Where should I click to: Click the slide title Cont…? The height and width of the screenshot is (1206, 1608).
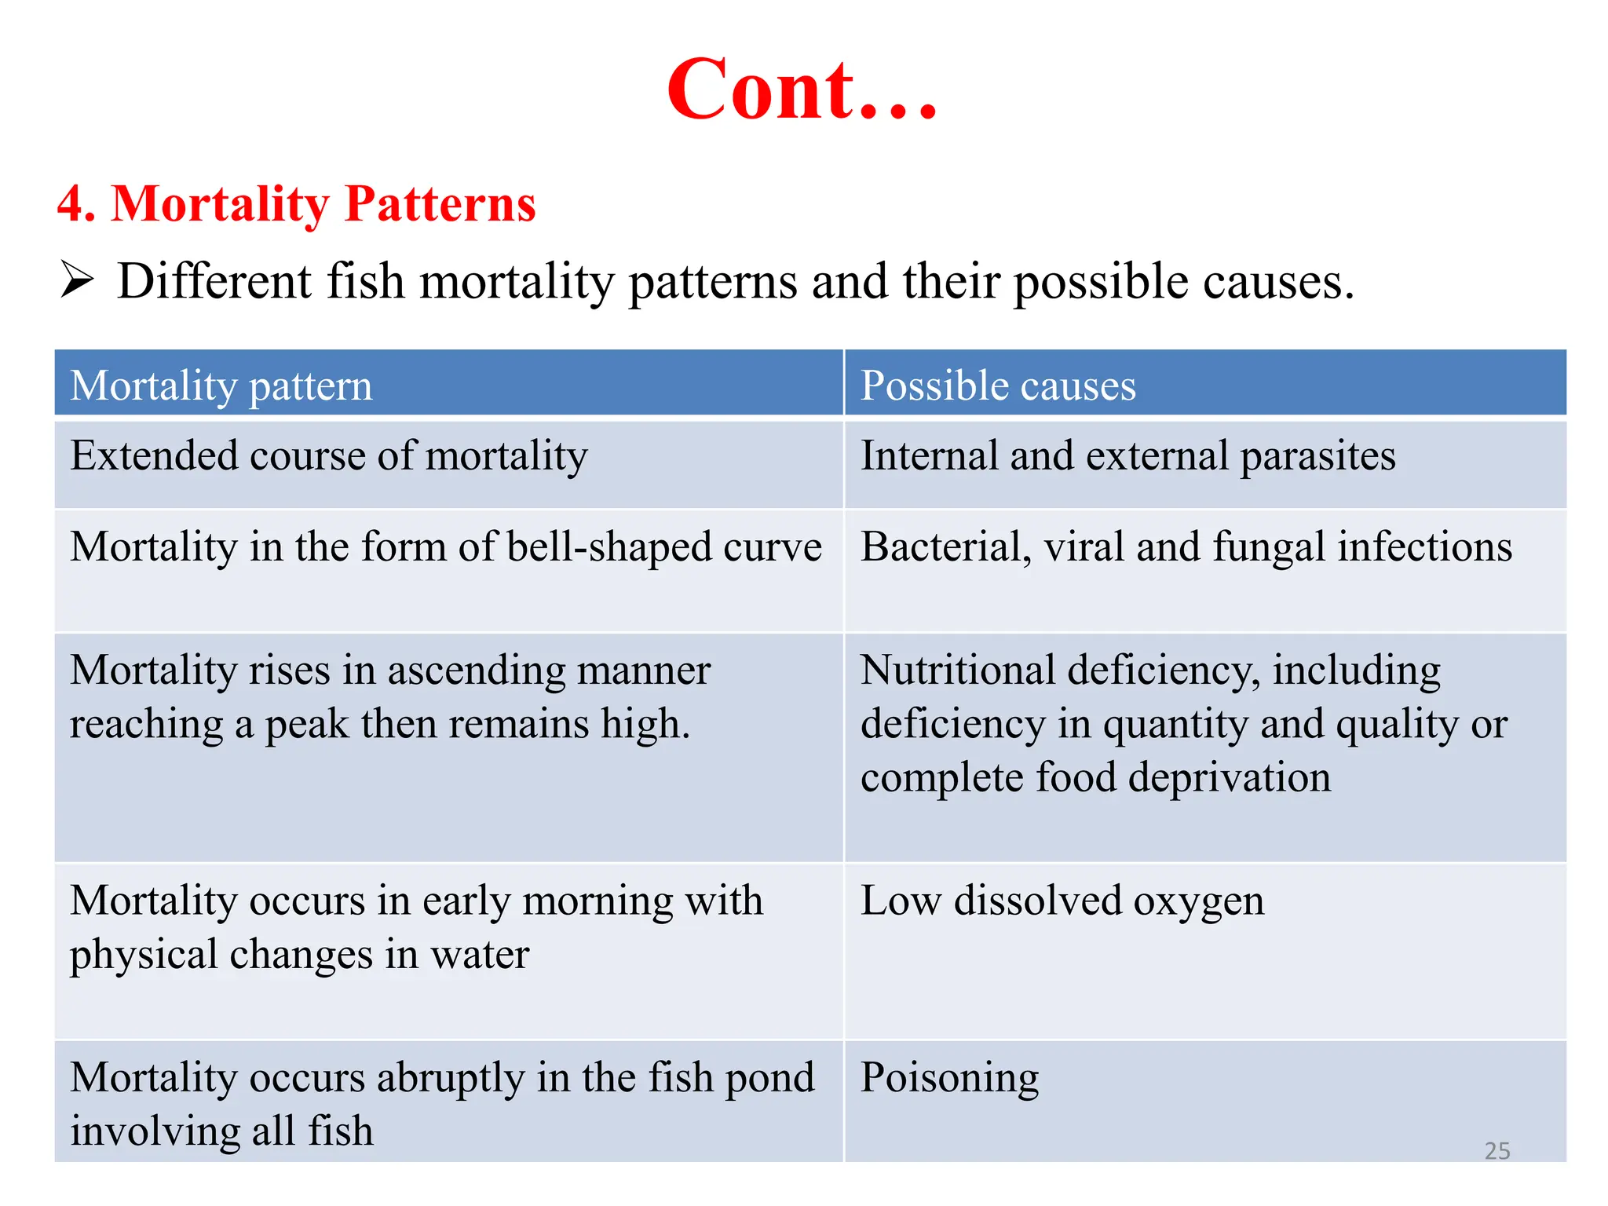tap(802, 90)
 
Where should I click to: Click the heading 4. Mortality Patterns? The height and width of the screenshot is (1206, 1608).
tap(296, 204)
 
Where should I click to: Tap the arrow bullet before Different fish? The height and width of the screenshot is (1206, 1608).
tap(77, 280)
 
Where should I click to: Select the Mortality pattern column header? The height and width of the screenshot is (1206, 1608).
tap(221, 386)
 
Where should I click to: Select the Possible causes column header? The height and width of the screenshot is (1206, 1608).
tap(998, 386)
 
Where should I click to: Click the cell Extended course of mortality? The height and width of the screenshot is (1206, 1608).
tap(329, 456)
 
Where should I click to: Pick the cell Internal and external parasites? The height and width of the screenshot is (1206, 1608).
tap(1127, 456)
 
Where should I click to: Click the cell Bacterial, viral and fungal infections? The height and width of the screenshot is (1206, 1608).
tap(1186, 547)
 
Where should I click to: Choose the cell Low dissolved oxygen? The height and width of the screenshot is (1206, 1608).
tap(1062, 901)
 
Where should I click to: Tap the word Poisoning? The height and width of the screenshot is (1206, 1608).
tap(949, 1078)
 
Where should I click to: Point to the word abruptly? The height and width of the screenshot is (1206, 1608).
tap(450, 1078)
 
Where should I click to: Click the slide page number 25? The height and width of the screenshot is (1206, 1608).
tap(1497, 1150)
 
